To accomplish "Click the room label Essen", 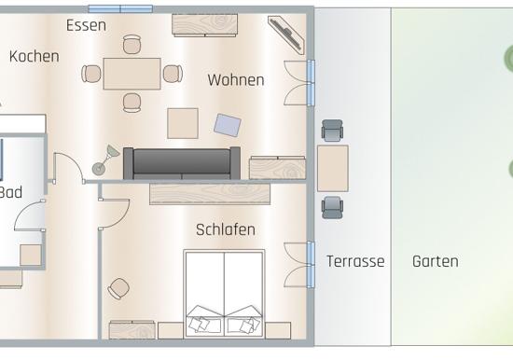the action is click(x=86, y=25).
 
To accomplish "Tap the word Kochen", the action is click(x=35, y=56).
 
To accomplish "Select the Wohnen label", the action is click(x=236, y=80).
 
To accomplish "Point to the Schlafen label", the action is click(x=226, y=229).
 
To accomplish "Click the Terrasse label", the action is click(x=355, y=261).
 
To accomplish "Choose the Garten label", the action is click(x=436, y=261).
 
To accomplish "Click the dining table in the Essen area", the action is click(x=132, y=74).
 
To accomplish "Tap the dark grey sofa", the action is click(x=182, y=163).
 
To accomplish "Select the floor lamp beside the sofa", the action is click(x=105, y=160).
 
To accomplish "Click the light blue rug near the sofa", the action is click(x=228, y=125).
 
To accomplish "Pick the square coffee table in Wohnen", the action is click(x=183, y=123).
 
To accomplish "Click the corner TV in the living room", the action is click(x=286, y=33).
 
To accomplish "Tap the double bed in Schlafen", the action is click(x=224, y=294).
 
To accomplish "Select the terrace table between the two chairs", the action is click(x=333, y=169).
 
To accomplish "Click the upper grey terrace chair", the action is click(x=332, y=131).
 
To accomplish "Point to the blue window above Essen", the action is click(x=120, y=8).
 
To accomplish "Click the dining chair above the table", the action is click(x=132, y=44).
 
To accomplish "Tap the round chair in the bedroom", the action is click(x=118, y=289).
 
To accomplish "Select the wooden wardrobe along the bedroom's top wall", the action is click(x=210, y=194).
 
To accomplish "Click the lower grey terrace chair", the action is click(x=332, y=207).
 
